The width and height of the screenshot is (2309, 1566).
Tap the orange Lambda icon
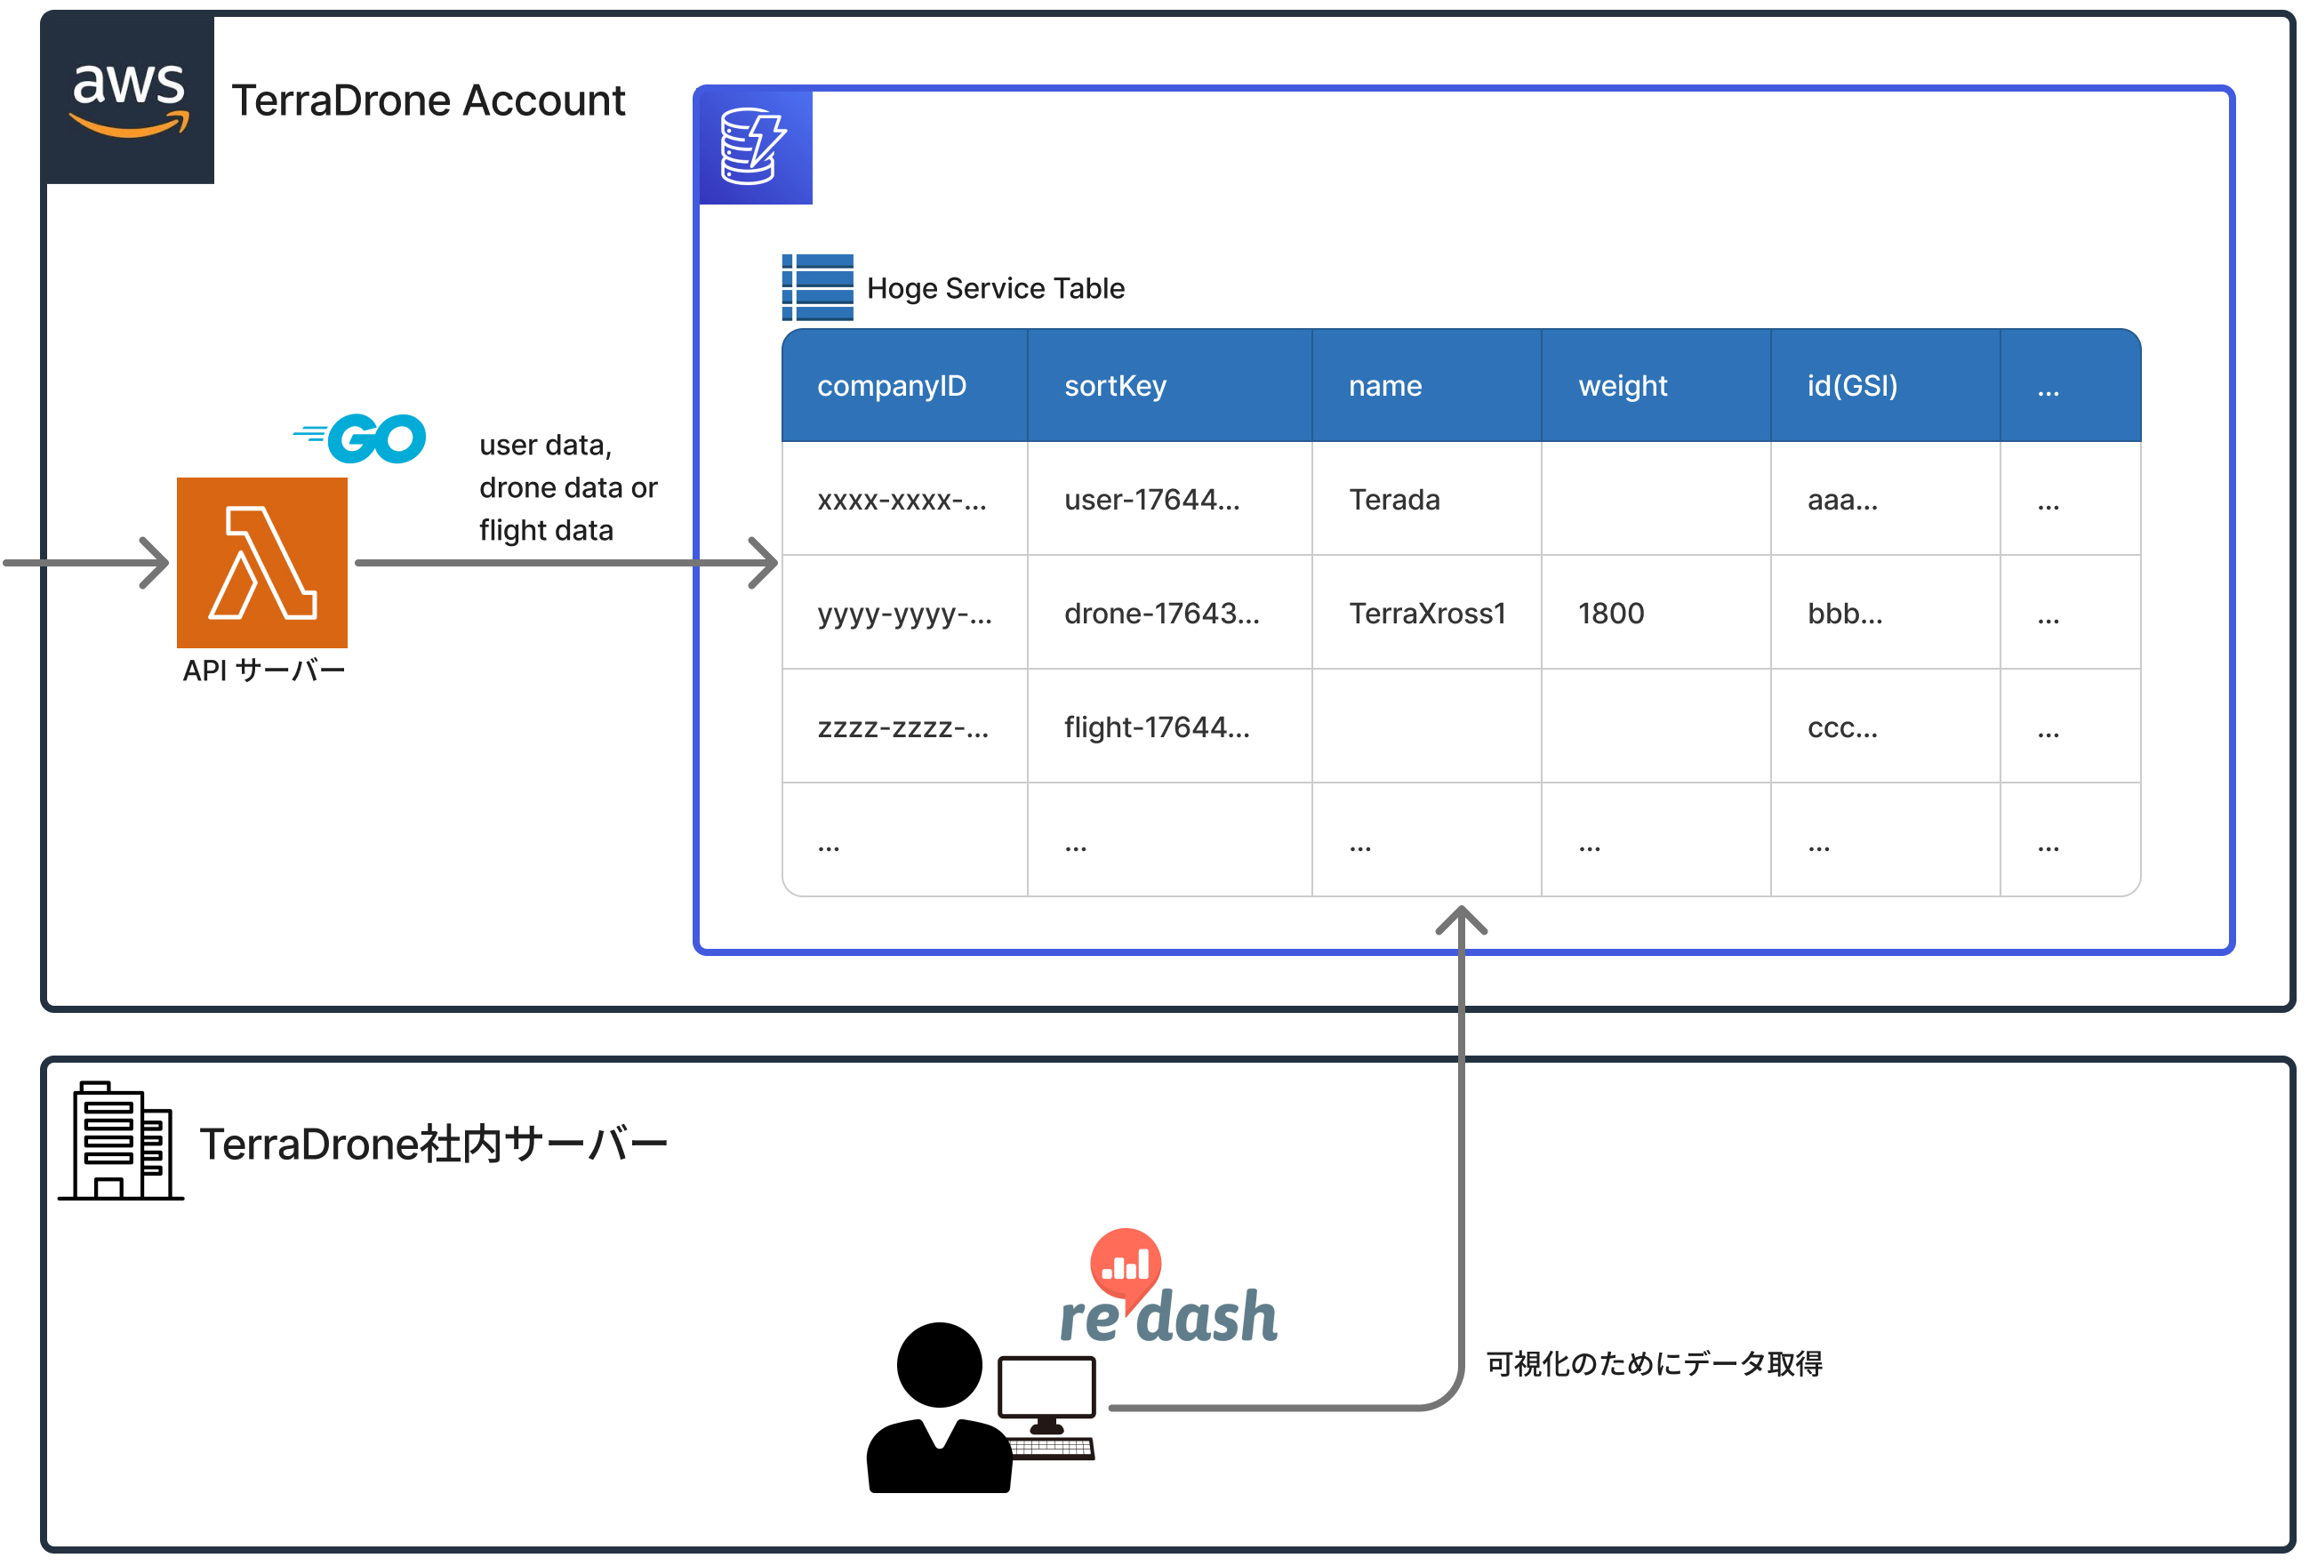click(262, 562)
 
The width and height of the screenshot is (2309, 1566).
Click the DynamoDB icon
click(755, 147)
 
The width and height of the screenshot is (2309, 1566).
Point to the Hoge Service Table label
click(995, 288)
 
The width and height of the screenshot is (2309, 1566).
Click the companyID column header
click(891, 386)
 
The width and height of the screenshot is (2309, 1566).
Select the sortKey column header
click(1115, 386)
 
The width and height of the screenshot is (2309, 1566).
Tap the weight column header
click(1623, 386)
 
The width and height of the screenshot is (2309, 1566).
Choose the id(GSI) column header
click(1852, 386)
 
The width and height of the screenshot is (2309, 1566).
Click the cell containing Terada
click(1394, 500)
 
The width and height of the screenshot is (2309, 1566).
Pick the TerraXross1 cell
click(1427, 613)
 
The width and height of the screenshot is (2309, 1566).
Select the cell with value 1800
click(1610, 613)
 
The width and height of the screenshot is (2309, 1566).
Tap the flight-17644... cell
click(1157, 727)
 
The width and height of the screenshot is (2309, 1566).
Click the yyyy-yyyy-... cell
click(904, 613)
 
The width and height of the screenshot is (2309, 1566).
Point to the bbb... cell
click(1844, 613)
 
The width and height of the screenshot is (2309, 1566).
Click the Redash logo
click(1168, 1292)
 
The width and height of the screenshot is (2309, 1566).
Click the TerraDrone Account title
click(429, 100)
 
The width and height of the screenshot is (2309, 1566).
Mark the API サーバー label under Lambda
click(263, 671)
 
